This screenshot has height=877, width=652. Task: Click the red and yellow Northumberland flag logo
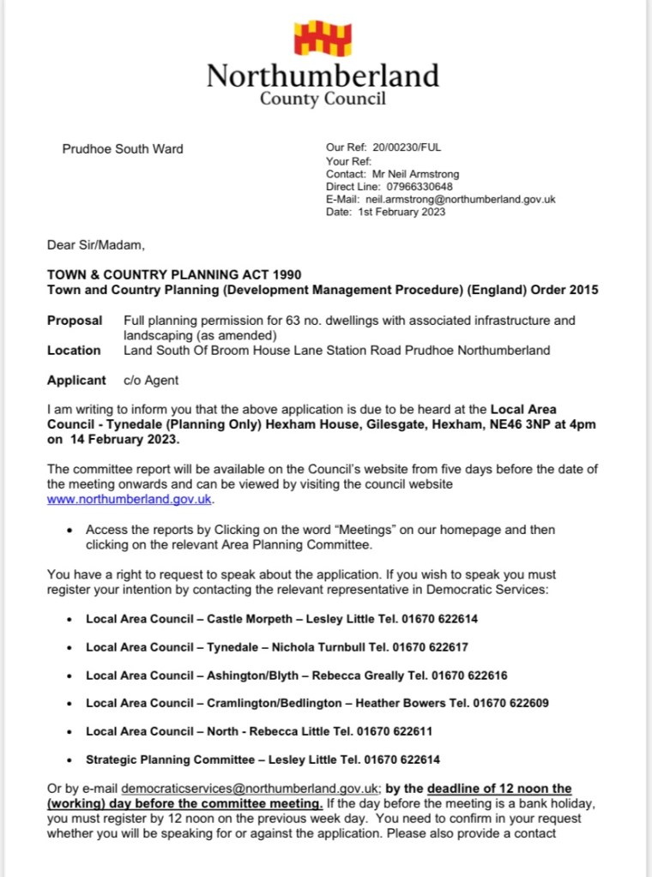pos(323,39)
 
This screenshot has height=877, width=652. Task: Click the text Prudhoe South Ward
pos(123,149)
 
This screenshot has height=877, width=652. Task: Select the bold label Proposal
pos(74,321)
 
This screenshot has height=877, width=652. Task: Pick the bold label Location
pos(74,350)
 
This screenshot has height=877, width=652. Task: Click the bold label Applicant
pos(77,380)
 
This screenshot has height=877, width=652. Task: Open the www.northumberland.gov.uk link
pos(129,499)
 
